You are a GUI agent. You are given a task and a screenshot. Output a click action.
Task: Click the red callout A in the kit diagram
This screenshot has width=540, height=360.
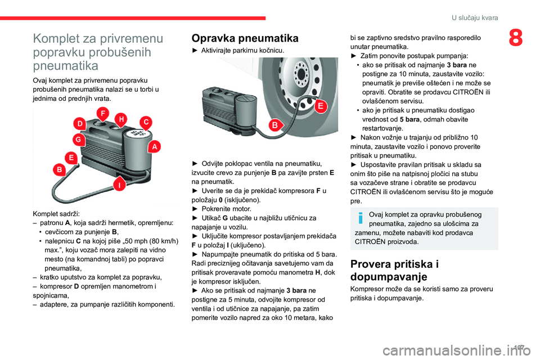pos(154,146)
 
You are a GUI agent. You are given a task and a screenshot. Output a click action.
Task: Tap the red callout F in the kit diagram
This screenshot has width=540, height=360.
pos(102,113)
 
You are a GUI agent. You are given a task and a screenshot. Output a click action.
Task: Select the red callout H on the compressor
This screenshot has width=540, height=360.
pos(120,118)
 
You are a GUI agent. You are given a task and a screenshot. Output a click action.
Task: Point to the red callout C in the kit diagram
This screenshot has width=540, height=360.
pos(146,121)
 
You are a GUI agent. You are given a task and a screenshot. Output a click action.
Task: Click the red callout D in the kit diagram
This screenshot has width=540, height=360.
pos(80,123)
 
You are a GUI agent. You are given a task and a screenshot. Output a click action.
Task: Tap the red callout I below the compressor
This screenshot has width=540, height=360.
pos(119,184)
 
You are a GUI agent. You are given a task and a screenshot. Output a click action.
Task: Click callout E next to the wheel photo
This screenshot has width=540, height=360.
pos(321,106)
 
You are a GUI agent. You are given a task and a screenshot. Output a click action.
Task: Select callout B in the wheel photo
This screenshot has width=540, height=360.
pos(275,125)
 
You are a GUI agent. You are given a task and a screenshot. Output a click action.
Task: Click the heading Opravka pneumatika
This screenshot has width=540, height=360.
pos(245,39)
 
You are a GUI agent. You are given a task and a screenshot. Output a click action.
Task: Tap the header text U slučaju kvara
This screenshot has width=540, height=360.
pos(475,18)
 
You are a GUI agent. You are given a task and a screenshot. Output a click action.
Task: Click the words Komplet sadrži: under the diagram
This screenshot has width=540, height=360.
pos(56,214)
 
